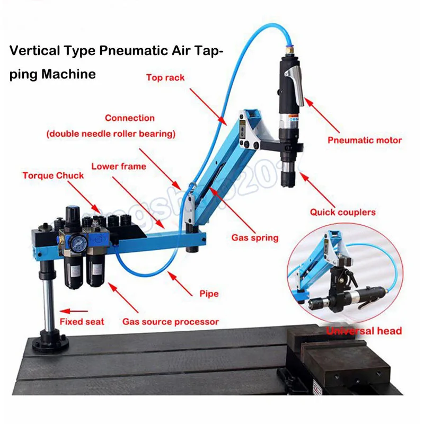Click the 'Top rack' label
165,77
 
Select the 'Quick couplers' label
342,212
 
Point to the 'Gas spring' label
254,237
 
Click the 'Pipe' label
209,293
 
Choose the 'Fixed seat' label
82,321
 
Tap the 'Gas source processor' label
170,321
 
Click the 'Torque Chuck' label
53,175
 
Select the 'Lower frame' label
118,166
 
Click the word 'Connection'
129,118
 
